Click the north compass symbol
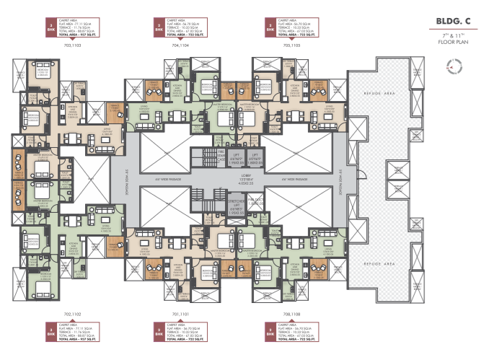(x=454, y=67)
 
